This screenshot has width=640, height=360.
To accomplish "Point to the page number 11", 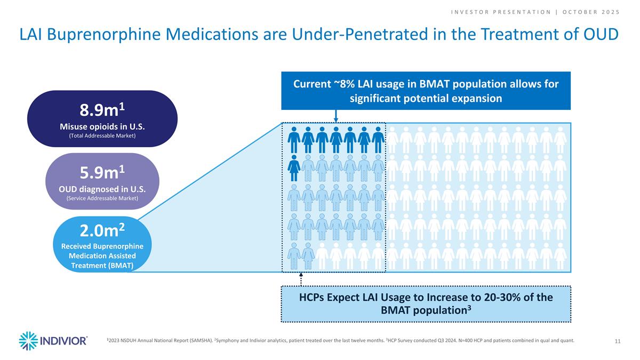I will [617, 341].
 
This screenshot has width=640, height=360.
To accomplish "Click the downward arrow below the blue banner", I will [335, 116].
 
